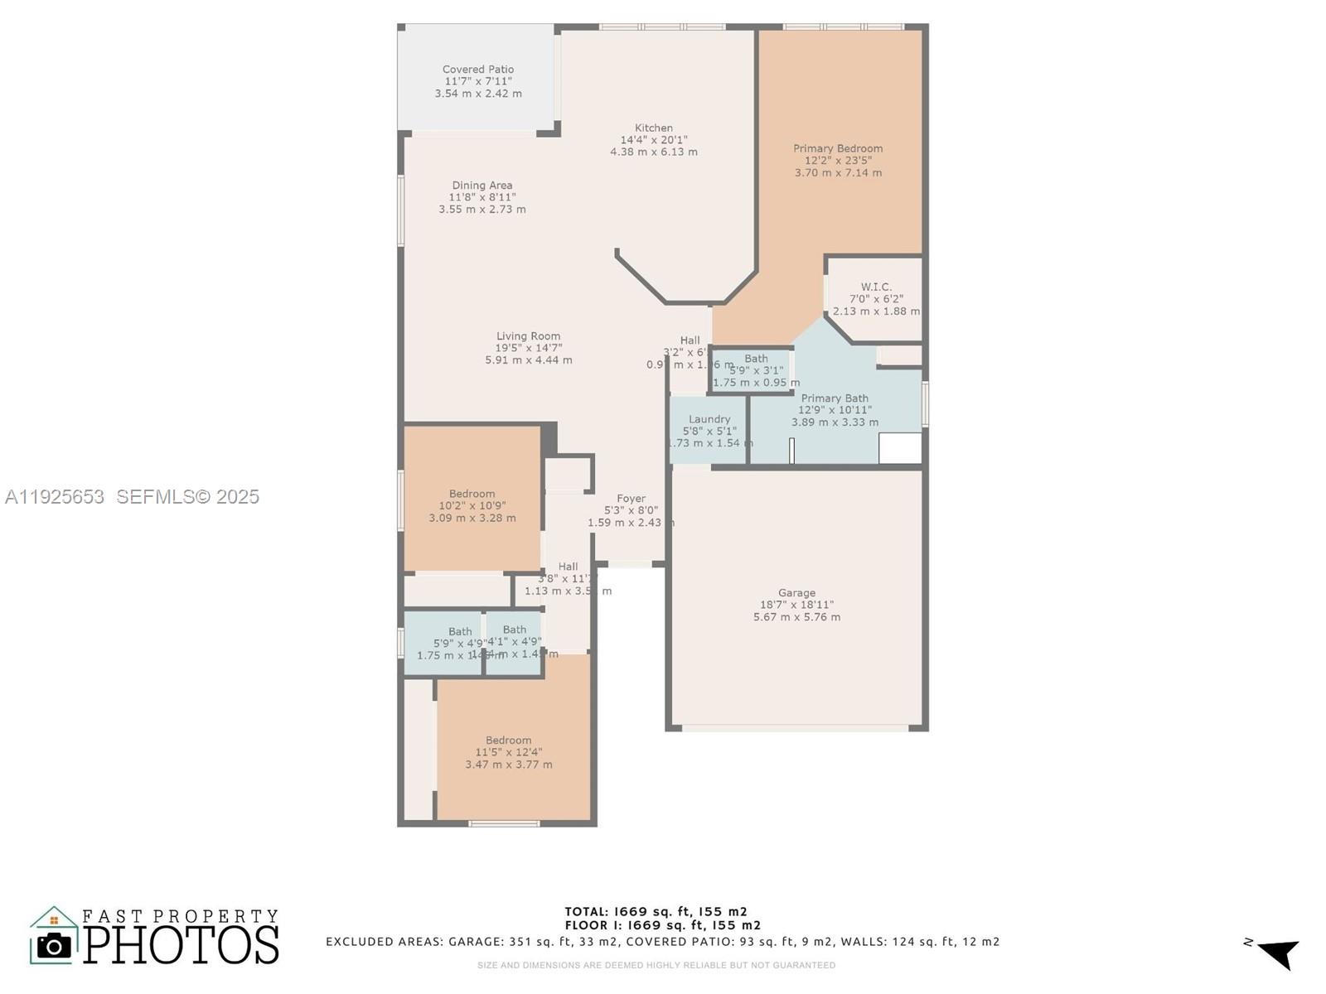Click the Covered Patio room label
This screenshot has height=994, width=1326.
point(478,70)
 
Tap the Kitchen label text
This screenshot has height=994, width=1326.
point(654,128)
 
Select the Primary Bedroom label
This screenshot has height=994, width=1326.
point(838,149)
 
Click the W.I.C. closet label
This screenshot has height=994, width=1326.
point(876,287)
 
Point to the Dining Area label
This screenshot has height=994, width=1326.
point(482,186)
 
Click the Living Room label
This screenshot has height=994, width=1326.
point(529,336)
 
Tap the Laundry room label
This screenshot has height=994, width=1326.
point(709,419)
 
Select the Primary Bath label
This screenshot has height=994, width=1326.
point(835,398)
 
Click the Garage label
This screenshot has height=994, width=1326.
point(796,593)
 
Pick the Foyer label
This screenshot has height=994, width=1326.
point(631,499)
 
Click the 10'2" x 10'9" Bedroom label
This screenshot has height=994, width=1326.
point(472,494)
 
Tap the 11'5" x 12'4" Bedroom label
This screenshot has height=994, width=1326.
point(509,741)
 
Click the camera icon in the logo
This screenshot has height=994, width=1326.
point(55,945)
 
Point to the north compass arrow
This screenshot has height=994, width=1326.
point(1279,953)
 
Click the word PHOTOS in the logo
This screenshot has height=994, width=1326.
point(181,944)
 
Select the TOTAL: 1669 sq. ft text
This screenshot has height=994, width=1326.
point(656,912)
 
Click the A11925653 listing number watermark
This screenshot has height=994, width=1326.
point(55,497)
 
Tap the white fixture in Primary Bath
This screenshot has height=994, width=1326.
point(900,448)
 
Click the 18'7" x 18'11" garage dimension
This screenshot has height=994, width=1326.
point(796,606)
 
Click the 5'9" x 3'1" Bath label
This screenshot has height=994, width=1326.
point(756,359)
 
